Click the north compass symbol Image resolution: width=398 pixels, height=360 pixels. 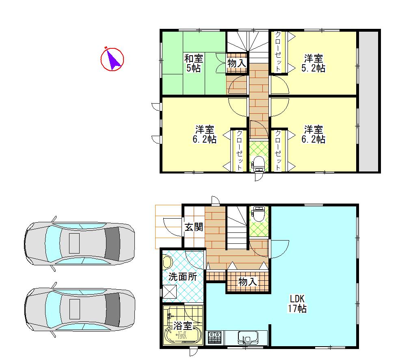[x=112, y=59]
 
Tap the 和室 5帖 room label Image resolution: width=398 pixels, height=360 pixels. [x=193, y=63]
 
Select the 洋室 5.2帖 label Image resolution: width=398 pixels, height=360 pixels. [x=313, y=63]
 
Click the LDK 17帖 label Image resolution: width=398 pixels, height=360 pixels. [x=297, y=302]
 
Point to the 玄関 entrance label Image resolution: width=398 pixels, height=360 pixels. [x=194, y=227]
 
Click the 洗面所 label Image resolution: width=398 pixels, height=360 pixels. [x=183, y=277]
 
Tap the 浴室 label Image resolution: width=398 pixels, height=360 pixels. [x=182, y=325]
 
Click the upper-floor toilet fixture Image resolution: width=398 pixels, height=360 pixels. [x=258, y=164]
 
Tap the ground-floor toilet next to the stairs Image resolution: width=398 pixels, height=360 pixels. [x=258, y=213]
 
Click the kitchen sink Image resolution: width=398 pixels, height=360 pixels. [x=246, y=337]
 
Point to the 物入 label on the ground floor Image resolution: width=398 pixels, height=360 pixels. [x=247, y=282]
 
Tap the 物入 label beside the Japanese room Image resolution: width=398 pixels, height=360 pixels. [x=236, y=63]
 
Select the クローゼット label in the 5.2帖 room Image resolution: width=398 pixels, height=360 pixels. [x=278, y=52]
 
